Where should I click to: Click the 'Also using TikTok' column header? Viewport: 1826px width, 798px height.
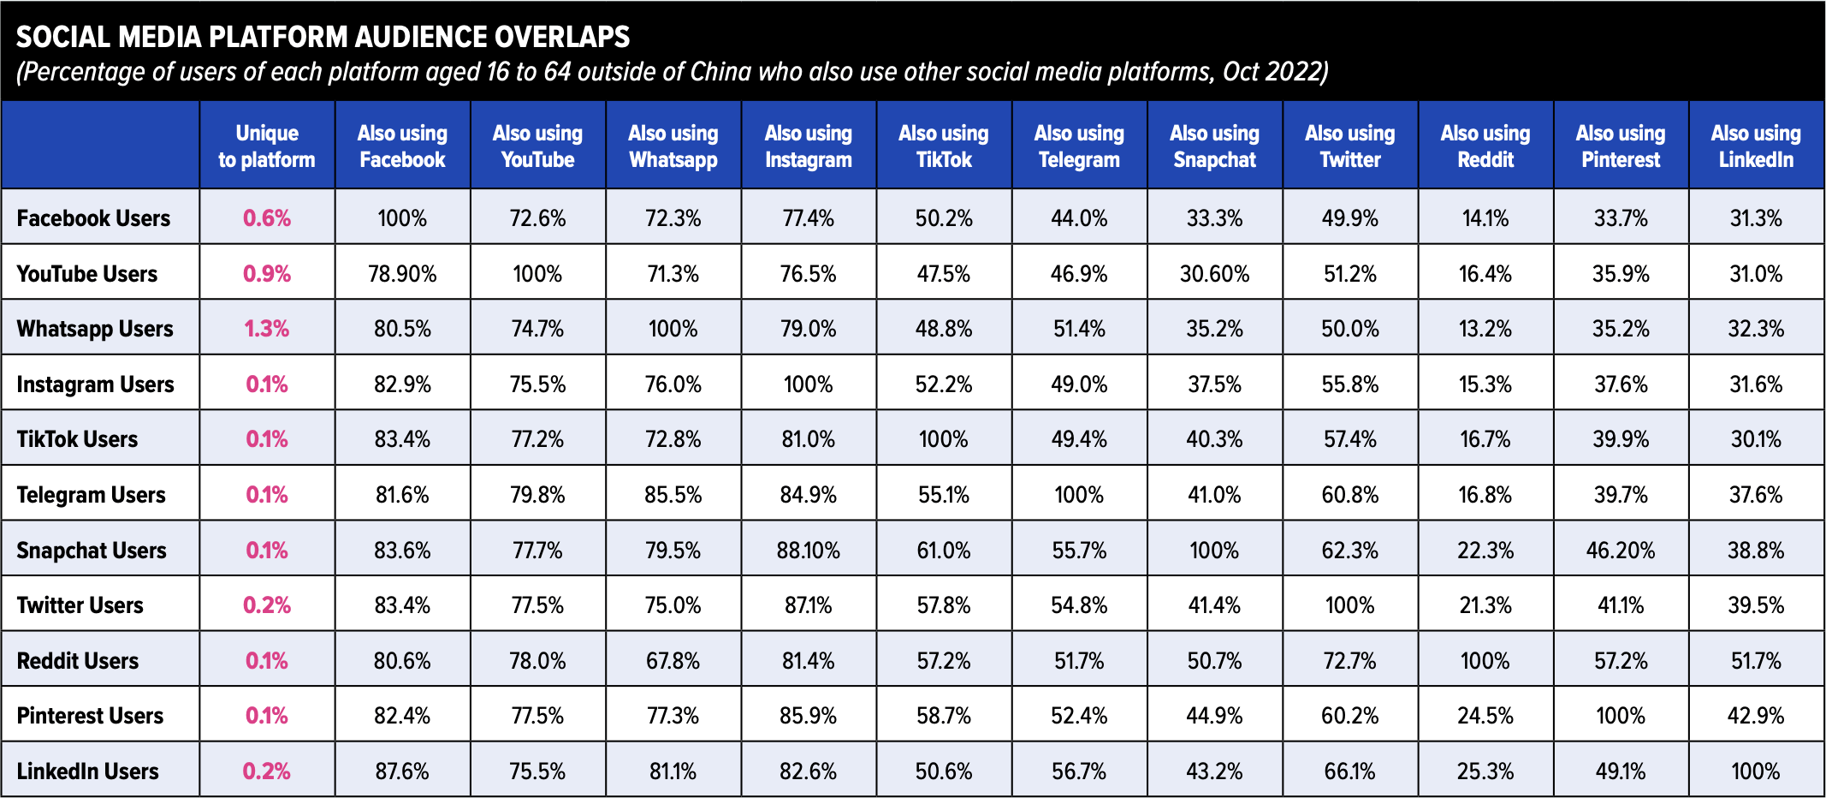tap(943, 146)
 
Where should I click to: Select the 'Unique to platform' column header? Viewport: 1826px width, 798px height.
tap(266, 146)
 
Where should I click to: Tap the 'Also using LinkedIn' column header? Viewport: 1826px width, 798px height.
tap(1755, 146)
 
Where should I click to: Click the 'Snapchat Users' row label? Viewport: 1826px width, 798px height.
tap(92, 550)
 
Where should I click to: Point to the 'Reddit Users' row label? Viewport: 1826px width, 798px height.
tap(78, 660)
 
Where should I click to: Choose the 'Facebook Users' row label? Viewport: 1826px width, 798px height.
tap(93, 218)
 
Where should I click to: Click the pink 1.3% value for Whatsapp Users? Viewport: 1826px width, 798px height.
tap(266, 329)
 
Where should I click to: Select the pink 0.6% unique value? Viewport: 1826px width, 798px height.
tap(266, 218)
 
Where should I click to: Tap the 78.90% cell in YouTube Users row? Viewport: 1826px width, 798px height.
tap(402, 274)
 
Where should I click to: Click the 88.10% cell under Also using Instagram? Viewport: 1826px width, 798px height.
tap(808, 550)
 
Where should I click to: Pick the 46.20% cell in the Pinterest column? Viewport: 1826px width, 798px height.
tap(1620, 550)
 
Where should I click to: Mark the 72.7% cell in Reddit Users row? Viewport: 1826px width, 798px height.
tap(1349, 660)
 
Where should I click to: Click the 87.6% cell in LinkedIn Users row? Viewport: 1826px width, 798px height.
tap(402, 771)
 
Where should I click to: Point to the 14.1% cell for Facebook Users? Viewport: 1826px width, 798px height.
tap(1485, 218)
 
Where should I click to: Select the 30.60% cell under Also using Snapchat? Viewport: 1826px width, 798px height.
tap(1214, 274)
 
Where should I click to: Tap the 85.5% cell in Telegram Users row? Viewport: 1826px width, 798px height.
tap(673, 495)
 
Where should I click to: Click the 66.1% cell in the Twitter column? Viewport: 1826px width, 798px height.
tap(1349, 771)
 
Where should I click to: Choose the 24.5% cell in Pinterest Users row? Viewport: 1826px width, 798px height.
tap(1485, 715)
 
